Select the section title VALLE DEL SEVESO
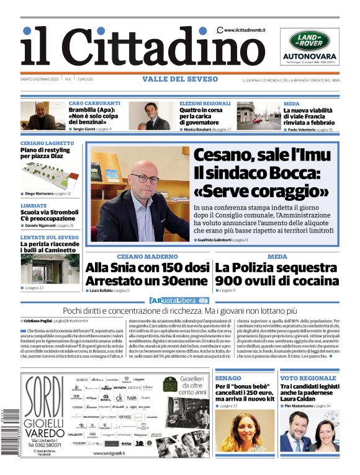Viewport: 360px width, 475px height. (180, 79)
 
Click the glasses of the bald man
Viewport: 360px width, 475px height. (145, 179)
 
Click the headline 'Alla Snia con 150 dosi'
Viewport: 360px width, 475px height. (148, 268)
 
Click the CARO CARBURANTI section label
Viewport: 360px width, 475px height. (94, 104)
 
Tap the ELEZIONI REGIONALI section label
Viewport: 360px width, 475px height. (205, 104)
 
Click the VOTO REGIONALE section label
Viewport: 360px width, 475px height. (308, 378)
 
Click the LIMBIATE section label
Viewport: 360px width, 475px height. (34, 205)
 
